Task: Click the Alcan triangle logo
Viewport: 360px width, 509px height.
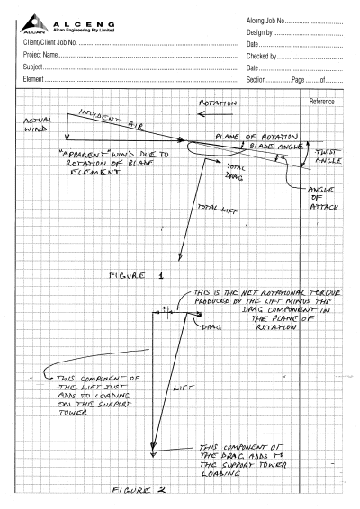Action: coord(34,23)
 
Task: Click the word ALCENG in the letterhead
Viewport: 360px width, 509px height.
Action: coord(84,24)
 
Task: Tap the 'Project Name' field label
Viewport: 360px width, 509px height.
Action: coord(40,55)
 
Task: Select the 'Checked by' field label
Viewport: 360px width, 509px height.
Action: coord(261,56)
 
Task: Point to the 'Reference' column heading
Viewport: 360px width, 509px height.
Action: coord(321,102)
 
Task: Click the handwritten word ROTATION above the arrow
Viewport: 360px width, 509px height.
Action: coord(218,103)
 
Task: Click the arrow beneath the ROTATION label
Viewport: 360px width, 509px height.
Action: coord(215,114)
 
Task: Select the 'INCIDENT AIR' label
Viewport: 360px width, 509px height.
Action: coord(111,119)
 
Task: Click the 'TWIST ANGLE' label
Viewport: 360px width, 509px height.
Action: coord(328,156)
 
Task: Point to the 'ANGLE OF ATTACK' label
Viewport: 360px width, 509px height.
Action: coord(322,198)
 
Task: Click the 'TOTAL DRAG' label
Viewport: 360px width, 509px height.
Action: coord(236,172)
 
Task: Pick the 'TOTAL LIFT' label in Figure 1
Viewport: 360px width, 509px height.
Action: coord(218,209)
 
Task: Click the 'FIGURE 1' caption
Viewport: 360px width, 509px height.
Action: coord(137,276)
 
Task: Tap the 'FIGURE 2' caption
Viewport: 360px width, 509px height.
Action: coord(139,489)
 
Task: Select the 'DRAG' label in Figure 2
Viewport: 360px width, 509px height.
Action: coord(211,327)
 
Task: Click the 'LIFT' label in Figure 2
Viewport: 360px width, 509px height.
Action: coord(184,388)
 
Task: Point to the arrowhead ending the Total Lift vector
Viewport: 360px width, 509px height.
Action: coord(180,258)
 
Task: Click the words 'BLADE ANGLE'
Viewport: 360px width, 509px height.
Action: coord(276,147)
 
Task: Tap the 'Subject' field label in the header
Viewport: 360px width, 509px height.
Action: coord(32,67)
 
